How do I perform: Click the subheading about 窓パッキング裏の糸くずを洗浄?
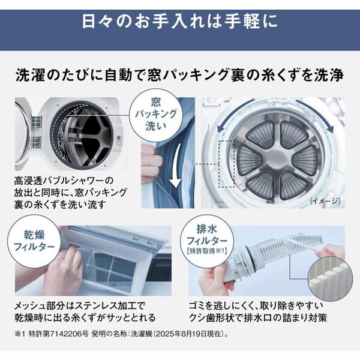(180, 76)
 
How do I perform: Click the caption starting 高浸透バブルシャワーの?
(68, 193)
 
